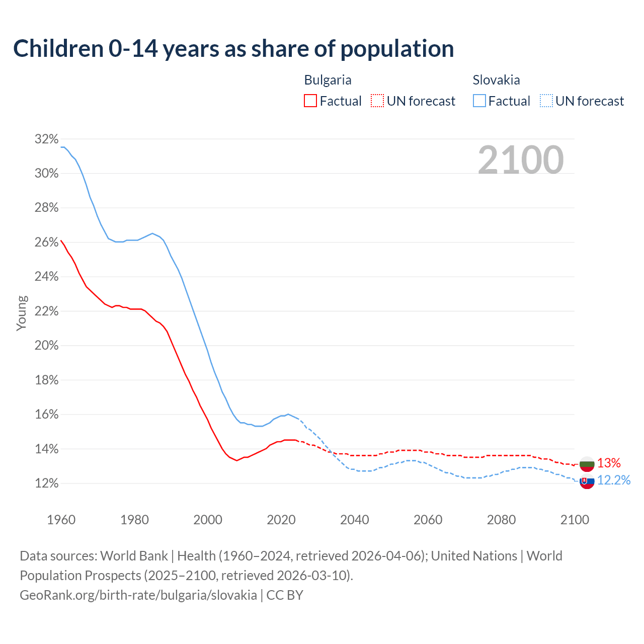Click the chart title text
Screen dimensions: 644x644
(233, 49)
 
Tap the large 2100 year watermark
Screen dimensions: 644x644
(520, 160)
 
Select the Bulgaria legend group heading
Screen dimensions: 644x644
(328, 80)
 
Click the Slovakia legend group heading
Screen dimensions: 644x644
(496, 80)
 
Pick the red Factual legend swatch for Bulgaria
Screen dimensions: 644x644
(310, 101)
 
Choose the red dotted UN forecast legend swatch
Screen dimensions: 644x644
(377, 101)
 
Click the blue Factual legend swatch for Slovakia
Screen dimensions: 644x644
(479, 101)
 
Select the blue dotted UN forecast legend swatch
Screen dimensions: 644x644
(546, 101)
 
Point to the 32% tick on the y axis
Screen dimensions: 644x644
(46, 139)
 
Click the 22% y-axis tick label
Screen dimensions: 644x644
(46, 311)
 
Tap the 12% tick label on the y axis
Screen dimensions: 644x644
(46, 484)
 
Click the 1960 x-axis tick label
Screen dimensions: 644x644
(61, 520)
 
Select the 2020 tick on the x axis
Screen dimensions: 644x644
(281, 520)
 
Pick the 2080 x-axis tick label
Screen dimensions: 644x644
(501, 520)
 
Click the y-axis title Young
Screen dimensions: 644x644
(21, 313)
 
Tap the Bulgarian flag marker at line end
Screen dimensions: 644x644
(587, 464)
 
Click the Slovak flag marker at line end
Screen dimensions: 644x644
(587, 481)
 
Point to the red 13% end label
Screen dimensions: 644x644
(609, 463)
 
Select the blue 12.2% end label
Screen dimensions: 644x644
(614, 480)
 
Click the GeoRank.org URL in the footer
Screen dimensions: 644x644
(138, 595)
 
